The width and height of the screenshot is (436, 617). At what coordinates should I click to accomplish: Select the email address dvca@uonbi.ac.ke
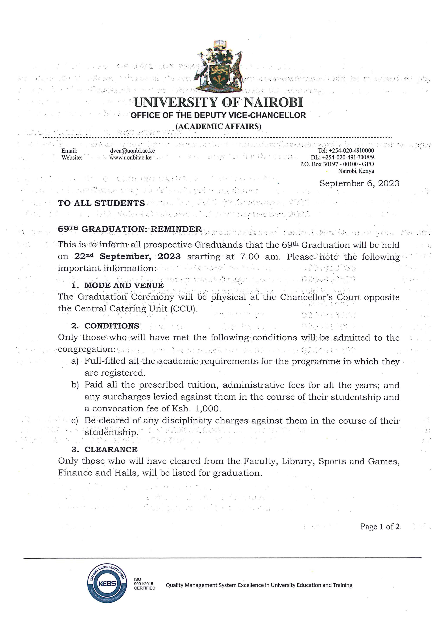tap(132, 151)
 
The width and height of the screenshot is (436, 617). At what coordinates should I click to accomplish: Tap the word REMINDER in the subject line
tap(176, 229)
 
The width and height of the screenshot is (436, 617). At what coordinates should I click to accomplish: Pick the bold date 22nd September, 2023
tap(127, 256)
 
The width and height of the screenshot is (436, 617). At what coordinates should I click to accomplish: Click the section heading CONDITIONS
tap(112, 326)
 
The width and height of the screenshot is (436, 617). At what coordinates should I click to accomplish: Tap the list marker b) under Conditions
tap(75, 385)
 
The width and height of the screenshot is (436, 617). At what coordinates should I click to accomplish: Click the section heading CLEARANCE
tap(111, 450)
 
